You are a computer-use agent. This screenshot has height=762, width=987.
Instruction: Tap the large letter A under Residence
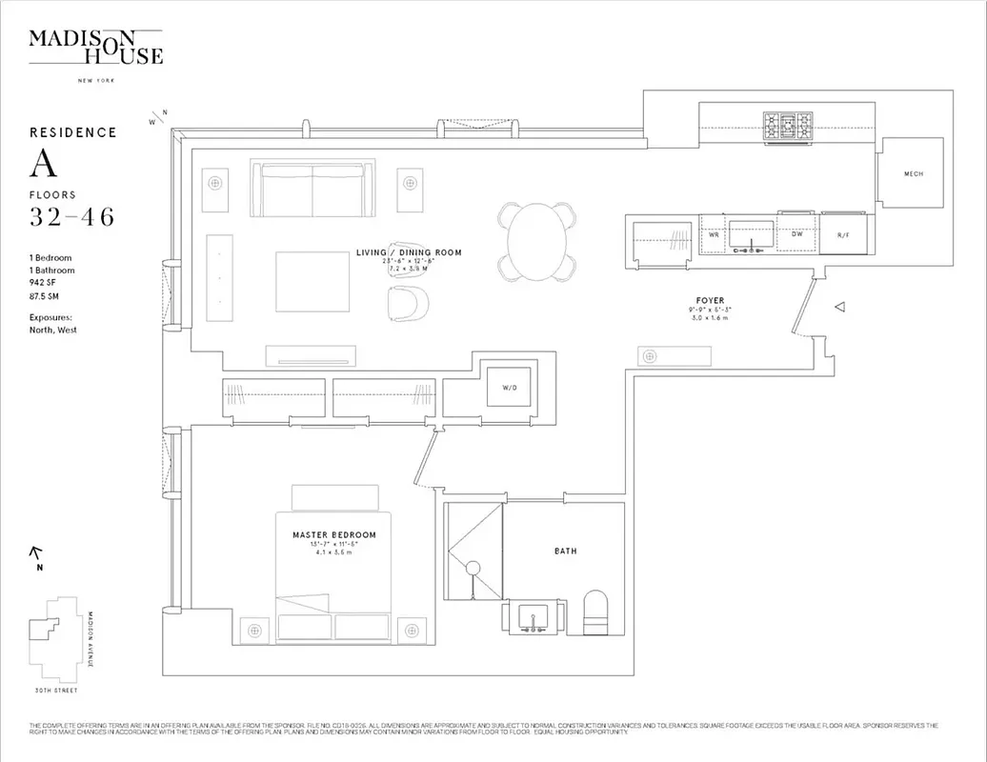click(x=44, y=165)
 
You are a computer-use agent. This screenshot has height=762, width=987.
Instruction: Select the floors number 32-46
click(x=72, y=217)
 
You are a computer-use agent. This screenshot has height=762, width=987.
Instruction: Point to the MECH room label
click(x=913, y=173)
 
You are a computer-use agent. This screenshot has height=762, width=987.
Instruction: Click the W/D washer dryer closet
click(x=509, y=388)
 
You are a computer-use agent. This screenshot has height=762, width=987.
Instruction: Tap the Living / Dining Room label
click(x=409, y=252)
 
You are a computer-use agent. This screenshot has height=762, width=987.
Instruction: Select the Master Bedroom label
click(x=333, y=535)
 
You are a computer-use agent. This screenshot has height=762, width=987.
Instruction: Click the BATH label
click(x=566, y=551)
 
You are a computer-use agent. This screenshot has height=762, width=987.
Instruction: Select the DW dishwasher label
click(x=797, y=233)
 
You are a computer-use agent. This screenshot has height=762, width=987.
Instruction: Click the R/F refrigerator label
click(x=843, y=234)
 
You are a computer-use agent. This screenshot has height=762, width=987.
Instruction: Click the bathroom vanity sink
click(x=532, y=619)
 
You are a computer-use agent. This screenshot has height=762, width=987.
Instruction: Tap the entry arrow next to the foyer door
click(x=840, y=307)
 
